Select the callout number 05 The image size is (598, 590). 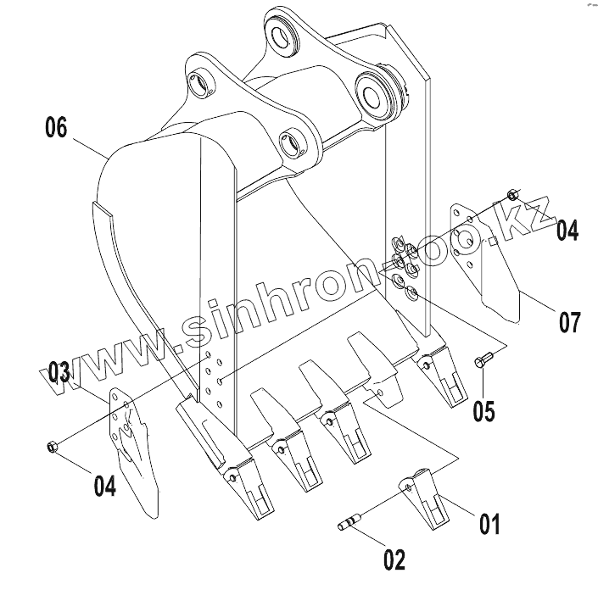click(483, 410)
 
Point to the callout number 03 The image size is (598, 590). click(59, 372)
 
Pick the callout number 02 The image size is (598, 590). click(394, 559)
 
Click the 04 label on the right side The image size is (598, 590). click(567, 229)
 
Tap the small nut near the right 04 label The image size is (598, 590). click(513, 194)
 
